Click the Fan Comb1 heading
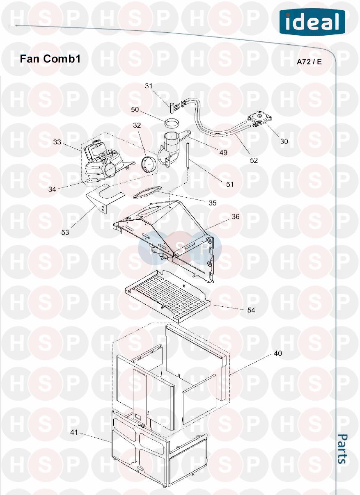pyautogui.click(x=50, y=59)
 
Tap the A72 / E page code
pyautogui.click(x=309, y=62)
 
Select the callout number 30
pyautogui.click(x=284, y=141)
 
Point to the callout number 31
pyautogui.click(x=149, y=86)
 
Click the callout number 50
pyautogui.click(x=135, y=109)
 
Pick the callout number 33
pyautogui.click(x=57, y=142)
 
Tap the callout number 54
pyautogui.click(x=251, y=310)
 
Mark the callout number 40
pyautogui.click(x=278, y=353)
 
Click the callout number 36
pyautogui.click(x=236, y=217)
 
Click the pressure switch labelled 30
pyautogui.click(x=257, y=119)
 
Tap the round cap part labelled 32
pyautogui.click(x=150, y=164)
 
